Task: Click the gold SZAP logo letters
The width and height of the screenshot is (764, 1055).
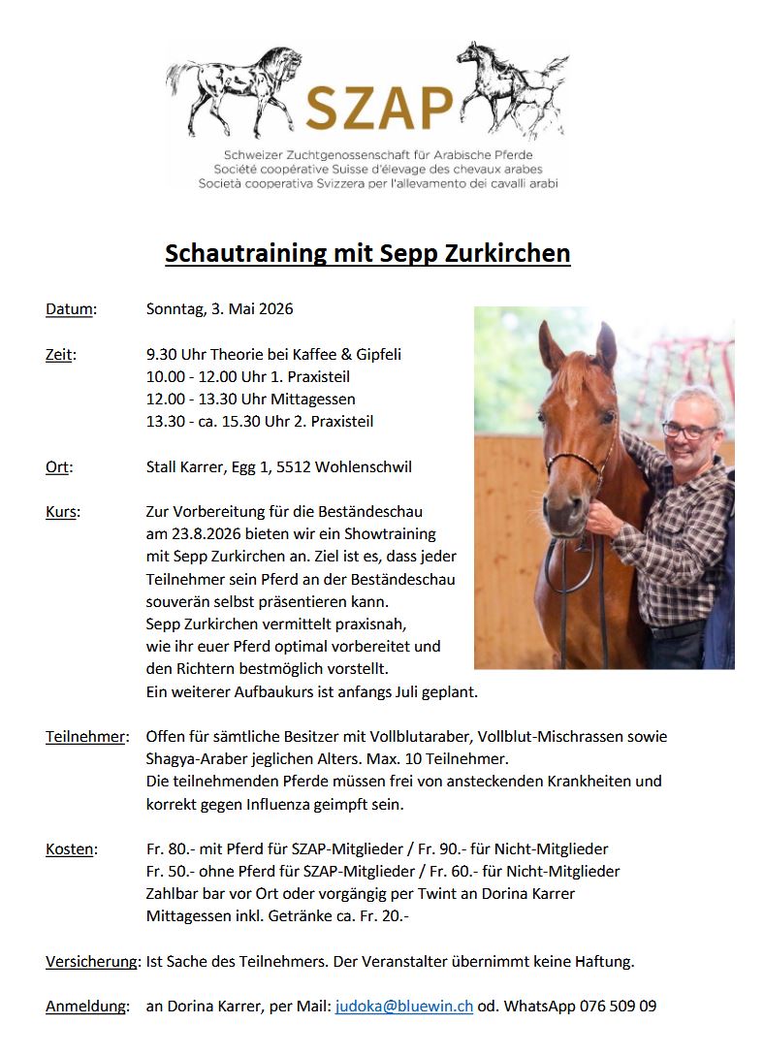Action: [x=379, y=108]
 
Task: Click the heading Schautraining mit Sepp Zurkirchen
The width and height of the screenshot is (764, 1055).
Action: [x=367, y=253]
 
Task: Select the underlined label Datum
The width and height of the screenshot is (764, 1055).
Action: [x=70, y=309]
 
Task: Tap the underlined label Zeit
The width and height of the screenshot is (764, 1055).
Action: [x=59, y=355]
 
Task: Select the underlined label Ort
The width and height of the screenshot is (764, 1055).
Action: [x=57, y=467]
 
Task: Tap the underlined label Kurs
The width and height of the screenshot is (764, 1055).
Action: [x=62, y=512]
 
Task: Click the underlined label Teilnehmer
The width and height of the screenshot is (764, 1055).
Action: [x=85, y=737]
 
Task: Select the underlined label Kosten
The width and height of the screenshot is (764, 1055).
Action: [x=70, y=849]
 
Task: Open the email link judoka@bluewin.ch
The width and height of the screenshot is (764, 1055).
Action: [x=404, y=1007]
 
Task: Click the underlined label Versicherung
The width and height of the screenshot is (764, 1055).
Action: [x=93, y=962]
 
